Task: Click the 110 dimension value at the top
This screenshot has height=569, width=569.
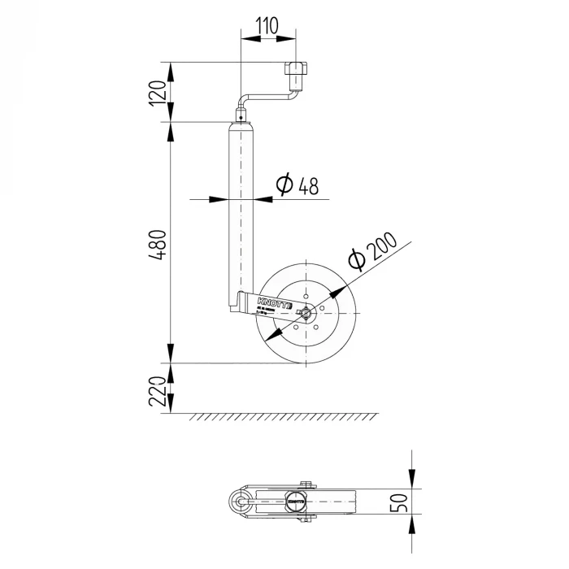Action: pyautogui.click(x=267, y=25)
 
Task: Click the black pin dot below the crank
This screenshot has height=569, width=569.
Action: pyautogui.click(x=241, y=117)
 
